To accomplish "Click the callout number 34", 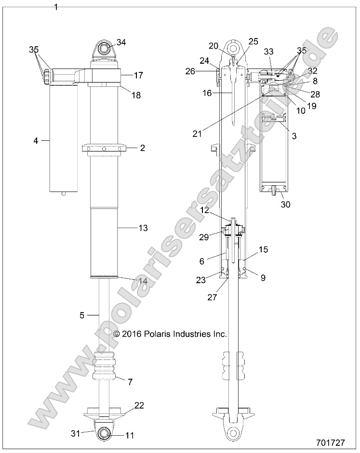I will tap(121, 42).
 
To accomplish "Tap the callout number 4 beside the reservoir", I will tap(36, 141).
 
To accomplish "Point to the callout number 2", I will tap(142, 148).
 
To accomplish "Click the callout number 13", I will tap(143, 228).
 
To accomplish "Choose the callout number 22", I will tap(139, 406).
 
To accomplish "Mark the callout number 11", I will tap(130, 435).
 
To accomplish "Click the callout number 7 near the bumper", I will tap(130, 382).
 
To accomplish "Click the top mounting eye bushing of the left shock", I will tap(103, 49).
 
